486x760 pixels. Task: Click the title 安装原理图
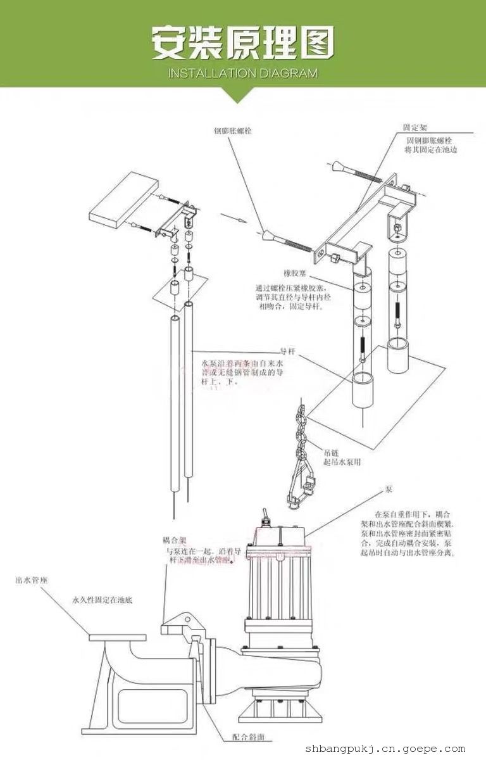242,44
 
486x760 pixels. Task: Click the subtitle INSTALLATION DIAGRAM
242,73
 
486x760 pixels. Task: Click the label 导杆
288,350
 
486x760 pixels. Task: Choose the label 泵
388,490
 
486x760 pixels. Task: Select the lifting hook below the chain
297,488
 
